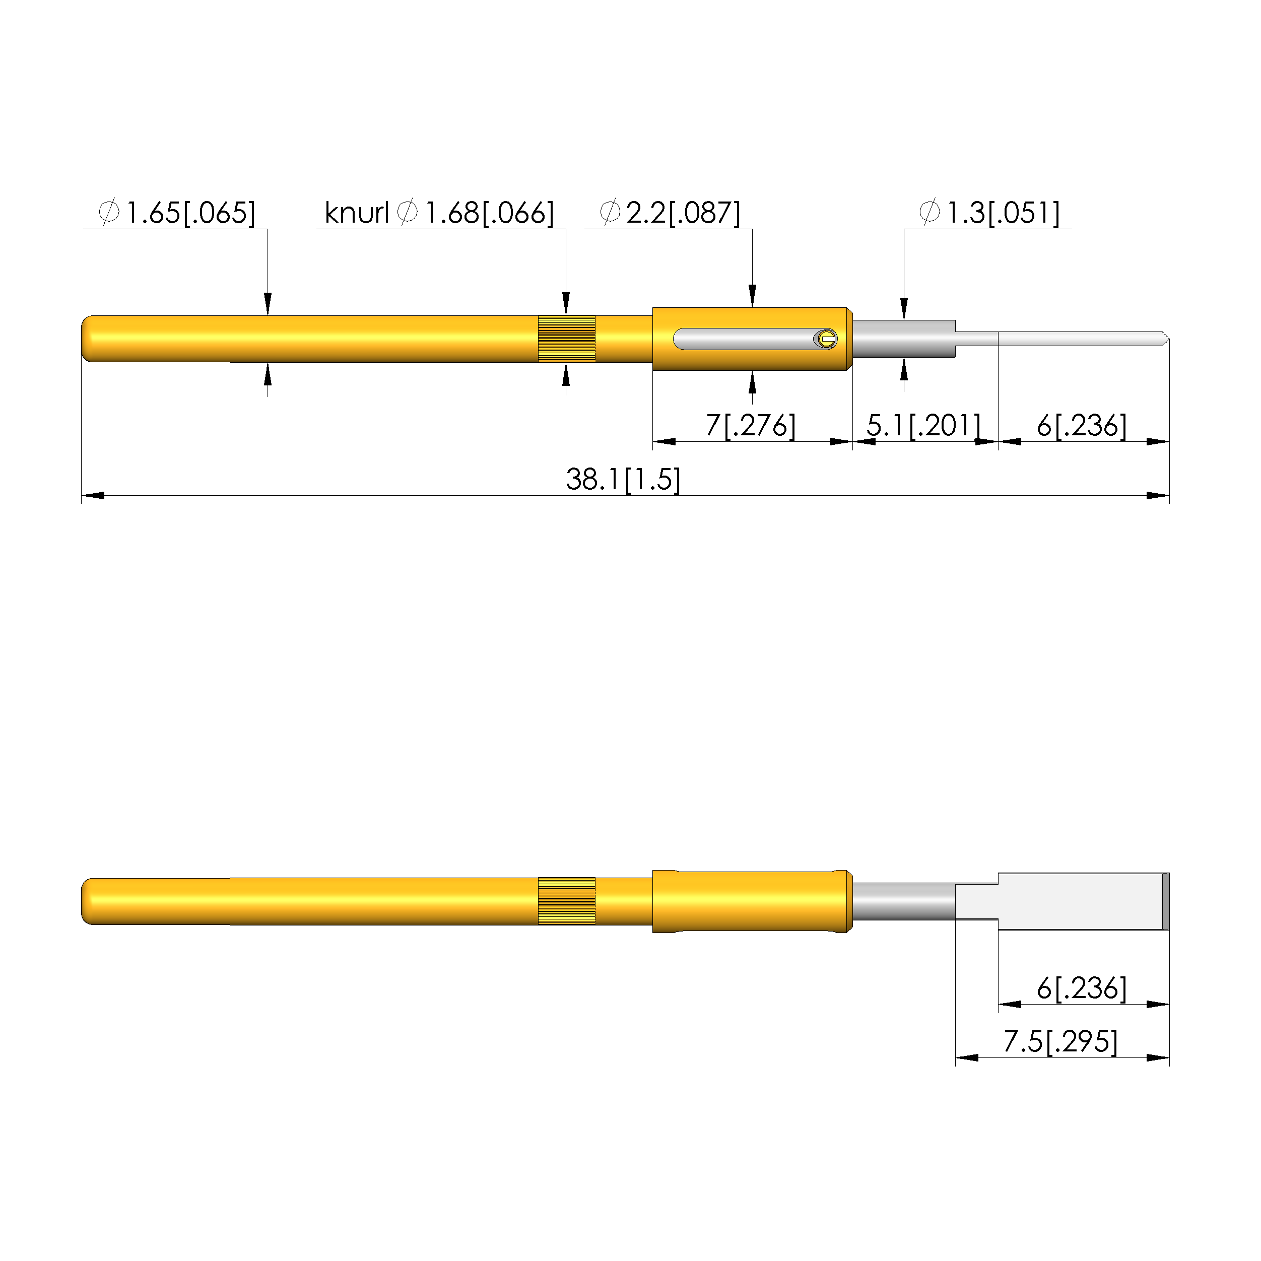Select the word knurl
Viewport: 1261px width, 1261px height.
(x=356, y=213)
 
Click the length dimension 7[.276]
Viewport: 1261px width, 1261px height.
(x=751, y=426)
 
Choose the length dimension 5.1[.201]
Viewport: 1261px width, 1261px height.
(x=923, y=426)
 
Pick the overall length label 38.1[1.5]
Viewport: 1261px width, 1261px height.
(x=623, y=480)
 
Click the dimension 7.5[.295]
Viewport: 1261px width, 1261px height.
(x=1060, y=1042)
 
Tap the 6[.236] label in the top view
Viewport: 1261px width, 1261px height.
(x=1082, y=426)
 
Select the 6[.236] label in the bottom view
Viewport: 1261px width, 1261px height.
(x=1082, y=988)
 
